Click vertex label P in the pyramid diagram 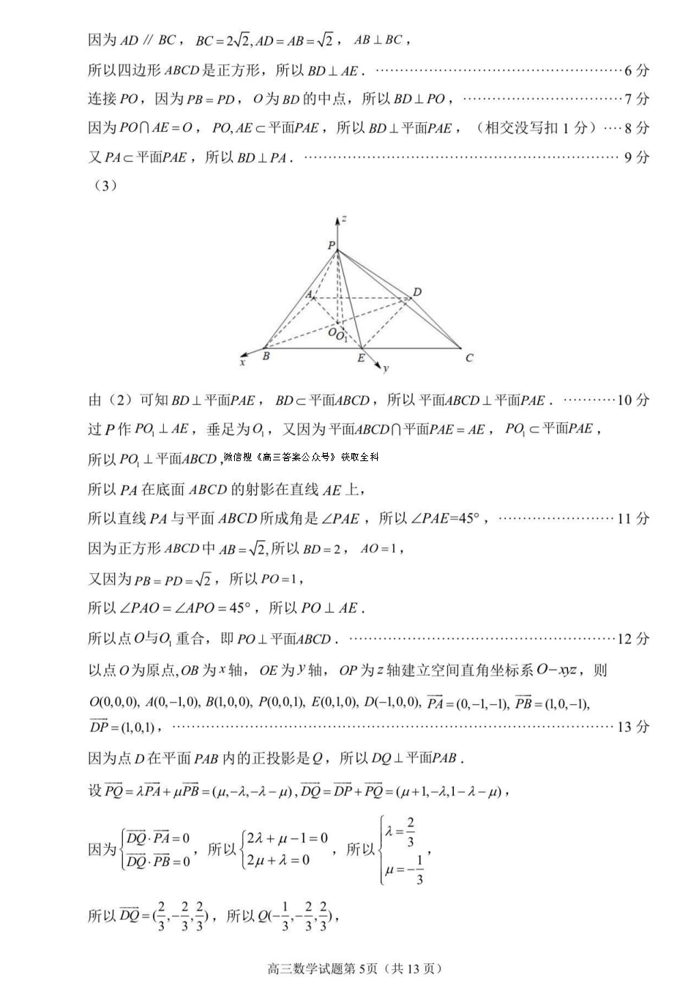[x=331, y=244]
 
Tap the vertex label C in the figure [x=469, y=358]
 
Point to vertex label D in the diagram [x=417, y=292]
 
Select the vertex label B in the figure [x=266, y=356]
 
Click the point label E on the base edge [x=361, y=358]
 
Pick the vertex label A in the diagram [x=309, y=294]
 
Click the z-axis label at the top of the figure [x=344, y=218]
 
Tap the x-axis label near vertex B [x=242, y=362]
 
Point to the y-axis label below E [x=386, y=368]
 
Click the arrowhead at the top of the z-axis [x=337, y=219]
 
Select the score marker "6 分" [x=636, y=70]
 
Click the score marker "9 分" [x=636, y=157]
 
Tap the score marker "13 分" [x=633, y=726]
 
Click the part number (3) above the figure [x=105, y=185]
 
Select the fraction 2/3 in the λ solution [x=411, y=831]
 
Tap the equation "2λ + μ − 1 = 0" [x=288, y=839]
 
